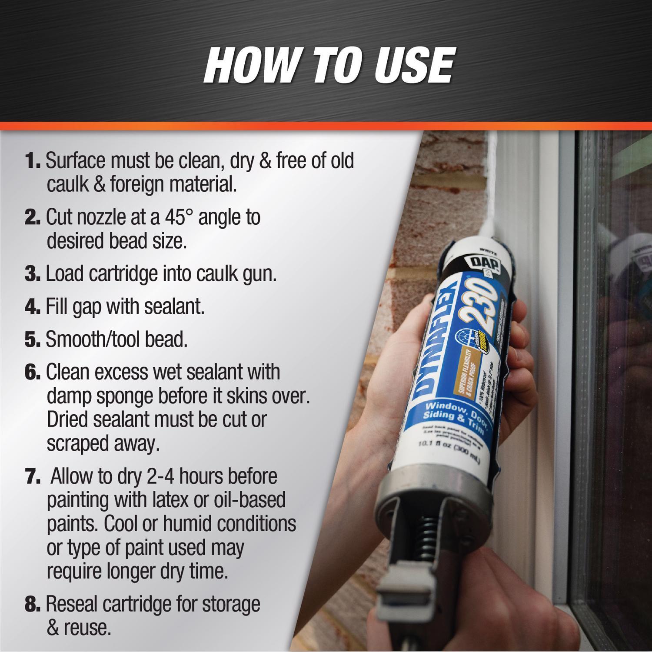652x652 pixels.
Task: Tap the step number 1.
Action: [x=33, y=161]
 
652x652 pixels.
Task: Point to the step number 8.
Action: [x=33, y=605]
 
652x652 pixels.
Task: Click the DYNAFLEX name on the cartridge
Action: [x=435, y=343]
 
